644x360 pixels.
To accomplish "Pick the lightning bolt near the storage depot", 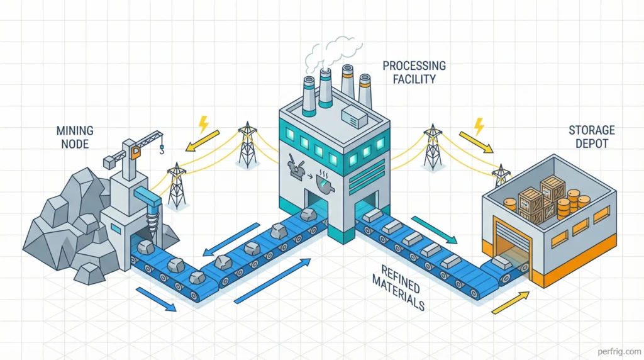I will (479, 127).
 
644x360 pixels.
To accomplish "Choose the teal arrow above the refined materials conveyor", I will (433, 228).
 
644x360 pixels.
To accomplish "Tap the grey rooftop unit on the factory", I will (355, 114).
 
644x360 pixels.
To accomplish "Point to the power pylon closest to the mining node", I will (177, 187).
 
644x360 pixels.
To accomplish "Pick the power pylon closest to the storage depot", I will (501, 176).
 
